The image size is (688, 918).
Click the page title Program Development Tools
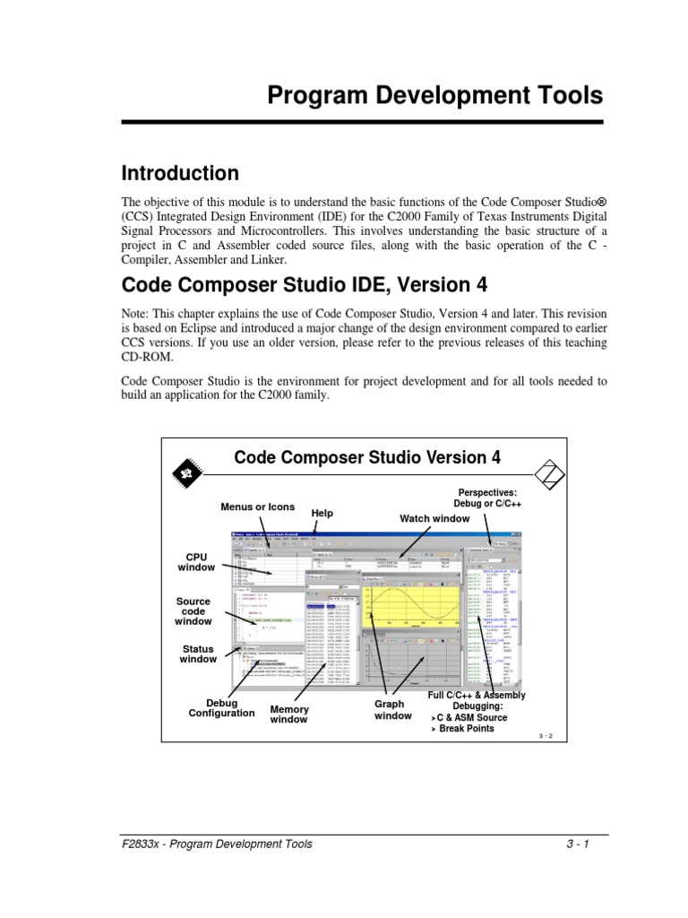pos(434,96)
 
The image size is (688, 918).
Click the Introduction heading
pos(180,173)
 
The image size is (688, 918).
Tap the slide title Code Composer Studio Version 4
pos(367,457)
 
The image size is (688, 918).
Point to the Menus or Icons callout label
pos(257,507)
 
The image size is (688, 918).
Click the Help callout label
pos(322,513)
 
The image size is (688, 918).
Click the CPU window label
pos(196,561)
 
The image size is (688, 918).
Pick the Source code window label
pos(193,611)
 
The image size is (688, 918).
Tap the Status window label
pos(198,653)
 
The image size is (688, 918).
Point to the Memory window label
pos(289,714)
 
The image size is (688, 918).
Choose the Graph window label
pos(393,710)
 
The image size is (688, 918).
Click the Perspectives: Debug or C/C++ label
pos(489,498)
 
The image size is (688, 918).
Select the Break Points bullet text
pos(466,729)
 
